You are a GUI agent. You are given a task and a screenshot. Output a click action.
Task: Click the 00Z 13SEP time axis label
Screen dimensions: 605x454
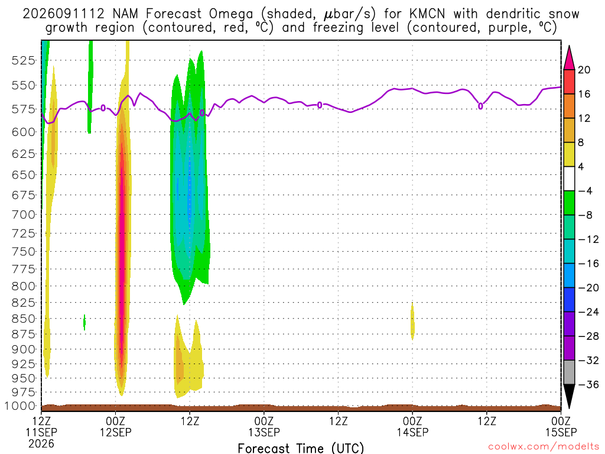[x=264, y=426]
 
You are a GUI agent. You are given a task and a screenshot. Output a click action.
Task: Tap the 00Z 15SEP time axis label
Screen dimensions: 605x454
[x=561, y=426]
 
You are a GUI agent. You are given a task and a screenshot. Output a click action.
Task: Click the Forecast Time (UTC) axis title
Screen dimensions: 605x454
[x=301, y=448]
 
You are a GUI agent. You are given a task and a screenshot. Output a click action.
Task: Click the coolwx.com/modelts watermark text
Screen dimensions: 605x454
[x=544, y=447]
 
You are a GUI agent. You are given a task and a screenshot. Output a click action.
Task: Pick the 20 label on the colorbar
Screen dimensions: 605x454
[x=584, y=70]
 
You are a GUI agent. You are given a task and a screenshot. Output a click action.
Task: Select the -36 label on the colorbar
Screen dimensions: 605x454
[x=588, y=384]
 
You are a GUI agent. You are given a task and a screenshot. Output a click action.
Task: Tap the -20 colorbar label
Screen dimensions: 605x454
[x=588, y=288]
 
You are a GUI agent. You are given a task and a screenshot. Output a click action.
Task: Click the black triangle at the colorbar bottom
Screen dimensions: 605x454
[x=569, y=396]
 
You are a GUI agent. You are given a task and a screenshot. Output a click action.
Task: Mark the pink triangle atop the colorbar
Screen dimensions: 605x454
[x=569, y=59]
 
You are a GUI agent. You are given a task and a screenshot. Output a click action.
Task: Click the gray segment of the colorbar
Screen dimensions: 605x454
[x=569, y=372]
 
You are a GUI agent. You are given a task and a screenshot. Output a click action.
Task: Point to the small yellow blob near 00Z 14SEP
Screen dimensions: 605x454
[x=412, y=321]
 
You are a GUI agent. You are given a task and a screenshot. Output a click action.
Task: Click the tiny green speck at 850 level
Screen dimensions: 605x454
[x=84, y=322]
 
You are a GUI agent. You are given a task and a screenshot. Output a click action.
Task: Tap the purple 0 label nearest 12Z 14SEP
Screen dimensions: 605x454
[x=480, y=106]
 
